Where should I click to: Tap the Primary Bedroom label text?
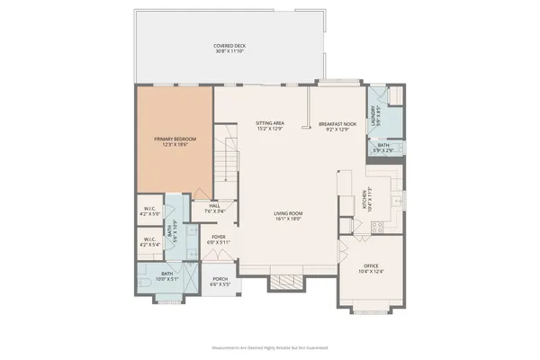click(x=175, y=141)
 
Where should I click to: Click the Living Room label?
click(x=289, y=216)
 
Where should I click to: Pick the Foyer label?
click(x=220, y=239)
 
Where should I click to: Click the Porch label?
click(x=219, y=281)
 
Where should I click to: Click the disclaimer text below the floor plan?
click(x=269, y=346)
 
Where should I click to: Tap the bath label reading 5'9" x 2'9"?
click(x=383, y=148)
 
